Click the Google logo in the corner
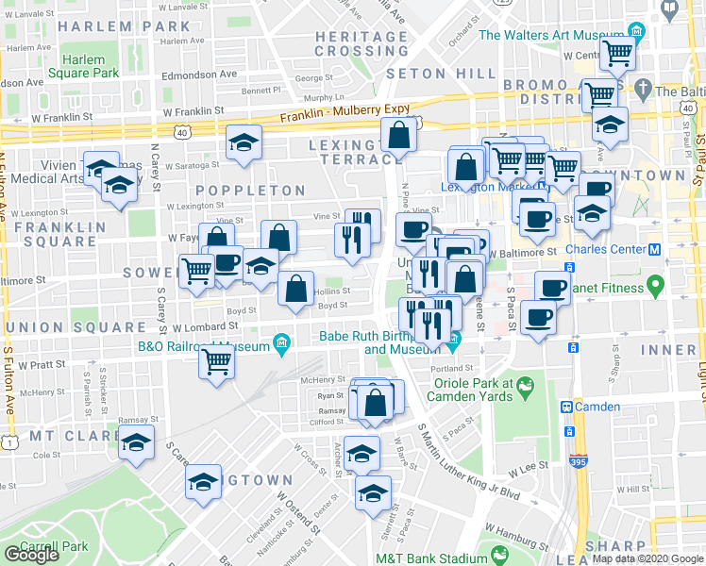[x=31, y=555]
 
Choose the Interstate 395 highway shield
[x=577, y=463]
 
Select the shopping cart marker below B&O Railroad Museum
[x=217, y=359]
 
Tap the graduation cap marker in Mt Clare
[x=136, y=441]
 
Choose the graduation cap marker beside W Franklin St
[x=244, y=142]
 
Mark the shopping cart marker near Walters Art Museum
[x=617, y=54]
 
